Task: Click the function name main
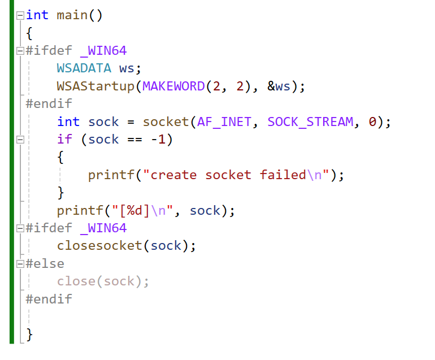pos(72,15)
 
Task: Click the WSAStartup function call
pos(95,86)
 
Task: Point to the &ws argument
pos(279,86)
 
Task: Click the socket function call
pos(166,122)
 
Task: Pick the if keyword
pos(64,139)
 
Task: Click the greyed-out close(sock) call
pos(103,281)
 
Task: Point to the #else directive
pos(45,263)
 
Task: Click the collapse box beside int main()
pos(20,15)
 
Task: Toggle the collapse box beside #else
pos(20,264)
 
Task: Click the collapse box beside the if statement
pos(20,140)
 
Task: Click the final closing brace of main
pos(29,335)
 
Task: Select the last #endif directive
pos(49,299)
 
